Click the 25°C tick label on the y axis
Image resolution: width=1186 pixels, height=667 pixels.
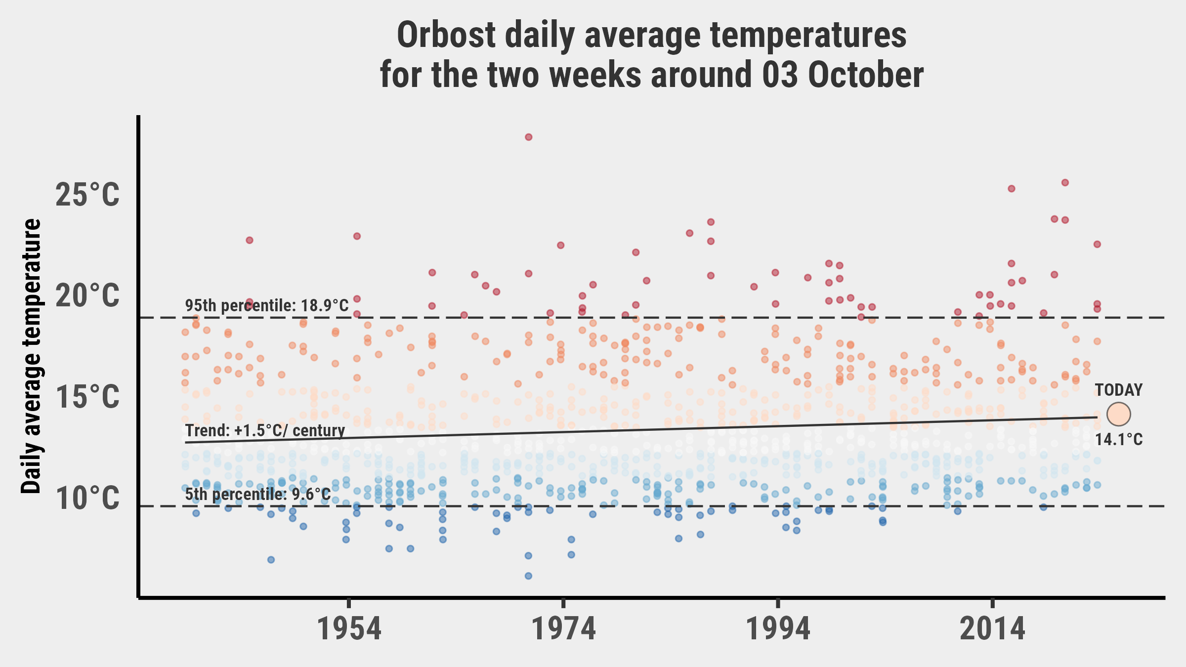click(87, 195)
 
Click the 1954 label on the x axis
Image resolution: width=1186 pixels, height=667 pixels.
click(349, 629)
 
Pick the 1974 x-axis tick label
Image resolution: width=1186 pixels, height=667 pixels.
click(563, 629)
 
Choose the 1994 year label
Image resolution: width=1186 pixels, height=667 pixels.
click(778, 629)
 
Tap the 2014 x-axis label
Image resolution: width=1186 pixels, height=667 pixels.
click(992, 629)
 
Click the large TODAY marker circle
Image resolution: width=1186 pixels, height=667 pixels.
click(1119, 414)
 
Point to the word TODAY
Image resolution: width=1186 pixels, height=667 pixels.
click(1119, 390)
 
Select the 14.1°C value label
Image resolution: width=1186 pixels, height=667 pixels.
click(1119, 439)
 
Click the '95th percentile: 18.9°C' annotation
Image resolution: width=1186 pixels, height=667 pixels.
click(267, 306)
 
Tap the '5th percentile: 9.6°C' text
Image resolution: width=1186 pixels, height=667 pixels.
click(258, 494)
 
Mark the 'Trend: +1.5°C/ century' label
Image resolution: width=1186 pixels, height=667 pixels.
click(265, 431)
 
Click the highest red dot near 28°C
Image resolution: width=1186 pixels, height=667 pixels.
click(528, 137)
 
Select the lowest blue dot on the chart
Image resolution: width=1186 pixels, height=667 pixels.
click(528, 576)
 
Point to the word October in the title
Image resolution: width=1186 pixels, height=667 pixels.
click(866, 75)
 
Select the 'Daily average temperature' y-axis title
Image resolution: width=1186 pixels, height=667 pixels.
click(32, 356)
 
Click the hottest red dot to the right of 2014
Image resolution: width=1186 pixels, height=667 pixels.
click(1065, 182)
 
